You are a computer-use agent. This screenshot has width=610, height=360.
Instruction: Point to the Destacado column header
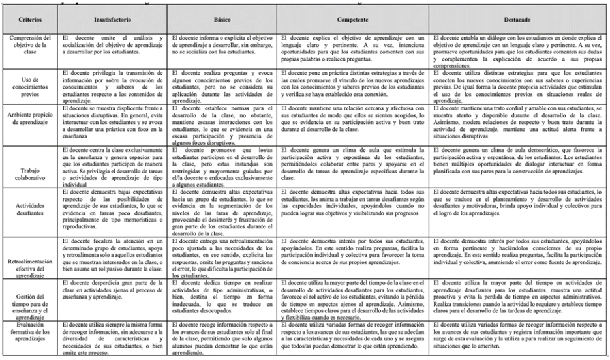click(x=517, y=20)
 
